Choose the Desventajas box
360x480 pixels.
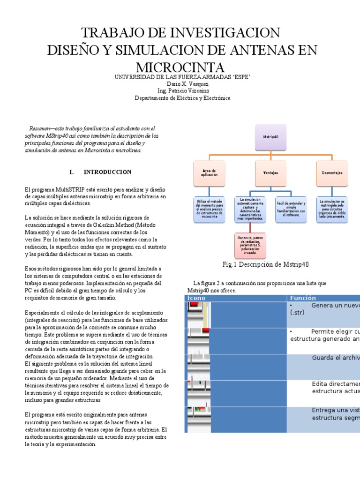[x=332, y=172]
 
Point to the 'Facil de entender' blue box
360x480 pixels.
[x=291, y=209]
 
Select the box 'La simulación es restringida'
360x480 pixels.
[x=332, y=209]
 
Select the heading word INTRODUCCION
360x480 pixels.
[x=107, y=172]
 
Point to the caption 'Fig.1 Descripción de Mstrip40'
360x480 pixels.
[x=266, y=265]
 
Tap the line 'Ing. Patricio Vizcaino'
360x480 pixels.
[x=180, y=91]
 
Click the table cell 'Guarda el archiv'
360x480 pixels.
[x=335, y=358]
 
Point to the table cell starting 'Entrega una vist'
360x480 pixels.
[x=335, y=411]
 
